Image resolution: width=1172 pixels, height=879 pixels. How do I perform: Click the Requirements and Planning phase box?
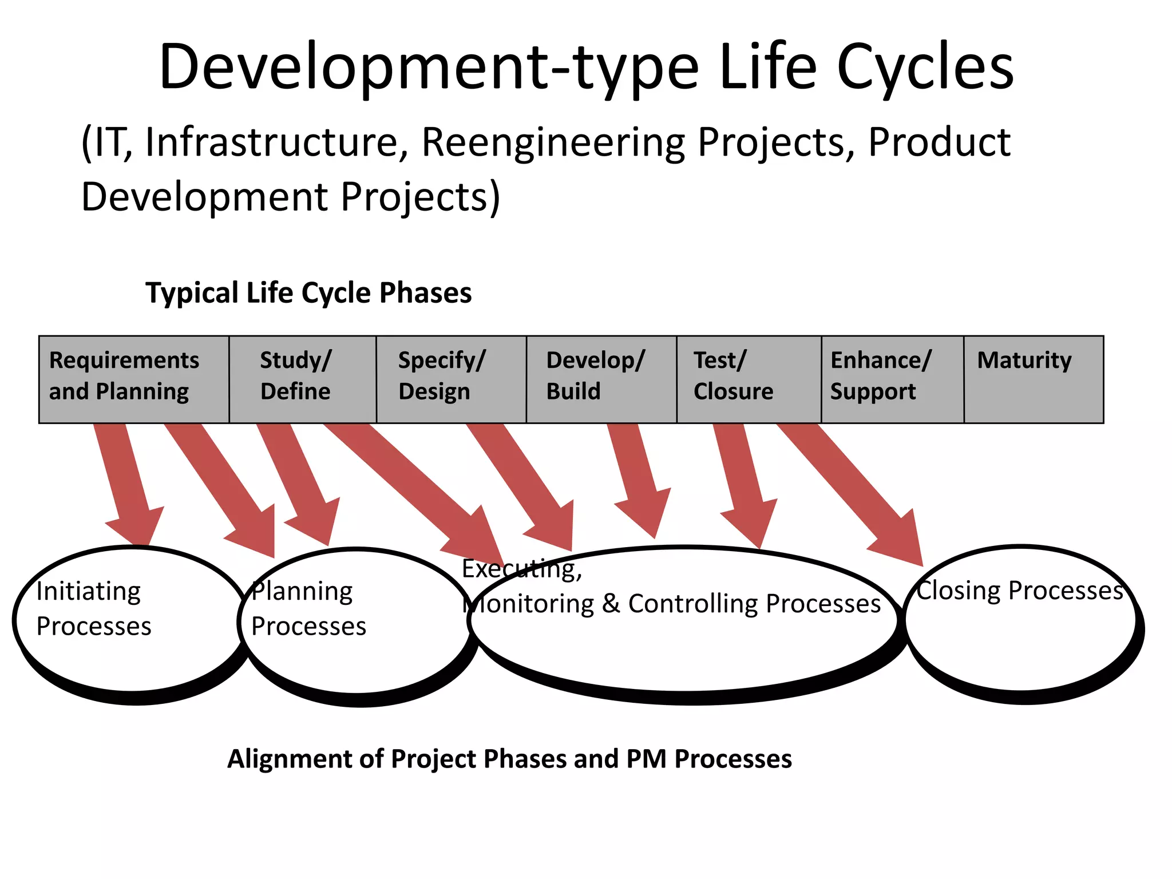point(134,379)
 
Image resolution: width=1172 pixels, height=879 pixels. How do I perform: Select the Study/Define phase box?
point(303,379)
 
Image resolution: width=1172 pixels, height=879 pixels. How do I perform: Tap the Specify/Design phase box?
point(451,379)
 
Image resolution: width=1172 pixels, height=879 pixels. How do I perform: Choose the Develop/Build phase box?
point(601,379)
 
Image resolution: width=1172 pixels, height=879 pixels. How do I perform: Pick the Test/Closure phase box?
point(749,379)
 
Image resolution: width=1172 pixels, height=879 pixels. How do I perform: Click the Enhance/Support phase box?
point(892,379)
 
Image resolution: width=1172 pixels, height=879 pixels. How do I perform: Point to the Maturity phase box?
point(1034,379)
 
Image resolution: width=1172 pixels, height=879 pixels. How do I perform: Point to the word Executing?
point(521,569)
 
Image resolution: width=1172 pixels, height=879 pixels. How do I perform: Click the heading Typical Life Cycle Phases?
point(308,293)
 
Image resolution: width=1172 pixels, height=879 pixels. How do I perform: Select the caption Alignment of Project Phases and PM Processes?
point(509,759)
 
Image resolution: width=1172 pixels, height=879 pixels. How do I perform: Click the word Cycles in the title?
point(925,66)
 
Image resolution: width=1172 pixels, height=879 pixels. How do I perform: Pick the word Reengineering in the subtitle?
point(553,143)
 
